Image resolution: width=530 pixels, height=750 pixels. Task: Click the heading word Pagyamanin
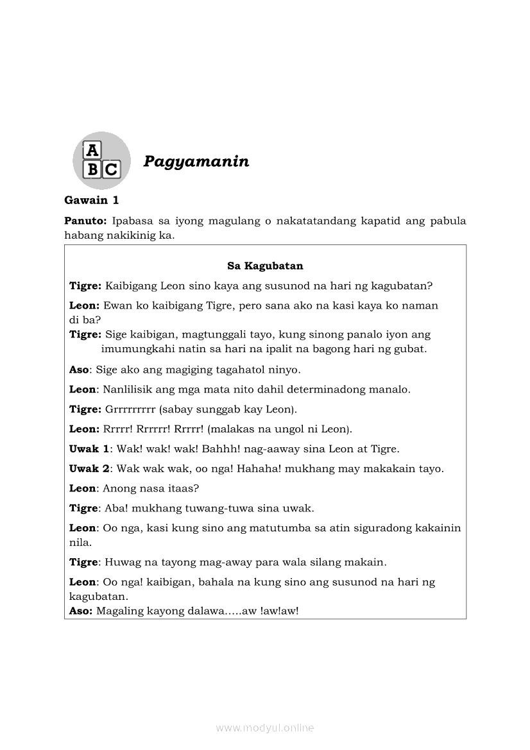tap(196, 161)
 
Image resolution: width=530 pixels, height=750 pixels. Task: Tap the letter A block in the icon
tap(93, 150)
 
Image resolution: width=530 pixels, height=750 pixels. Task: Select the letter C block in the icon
tap(111, 169)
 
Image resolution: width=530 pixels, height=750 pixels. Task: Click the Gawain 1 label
tap(92, 200)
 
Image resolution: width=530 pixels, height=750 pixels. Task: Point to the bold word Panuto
tap(85, 221)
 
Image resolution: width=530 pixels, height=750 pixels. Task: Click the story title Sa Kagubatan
tap(265, 266)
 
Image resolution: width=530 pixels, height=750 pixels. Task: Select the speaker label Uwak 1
tap(89, 449)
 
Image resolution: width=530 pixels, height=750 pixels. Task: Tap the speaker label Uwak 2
tap(89, 469)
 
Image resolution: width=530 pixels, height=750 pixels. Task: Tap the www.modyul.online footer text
tap(265, 728)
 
